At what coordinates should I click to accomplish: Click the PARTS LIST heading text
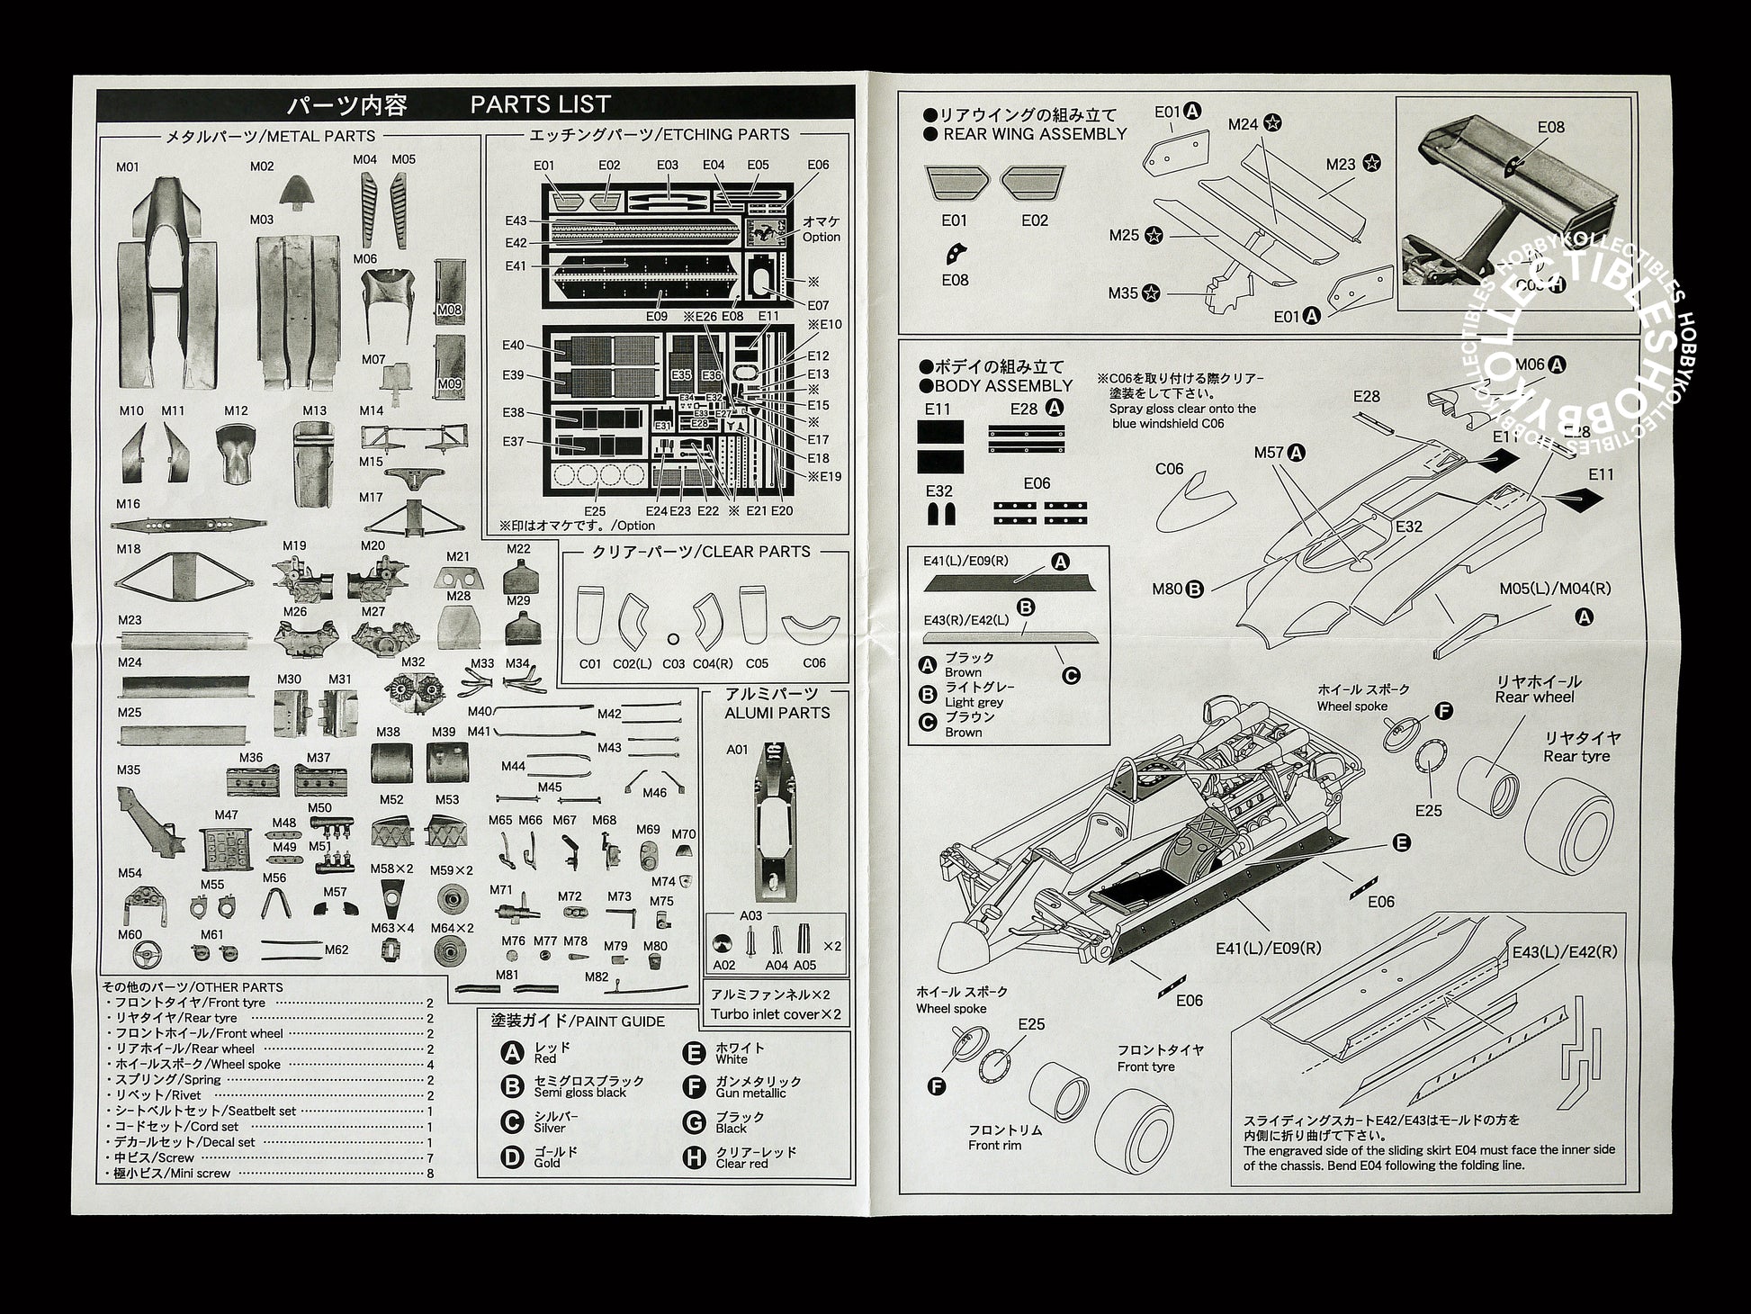click(540, 104)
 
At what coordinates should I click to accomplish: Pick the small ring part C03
click(673, 639)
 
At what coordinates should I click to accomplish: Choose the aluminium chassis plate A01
click(771, 821)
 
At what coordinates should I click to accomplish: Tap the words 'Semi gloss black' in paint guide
click(579, 1093)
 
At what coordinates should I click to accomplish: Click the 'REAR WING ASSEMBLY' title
click(1035, 134)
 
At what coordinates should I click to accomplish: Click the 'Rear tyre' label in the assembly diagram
click(1576, 756)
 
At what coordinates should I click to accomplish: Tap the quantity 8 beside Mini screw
click(430, 1173)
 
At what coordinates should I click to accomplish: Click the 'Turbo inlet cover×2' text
click(776, 1014)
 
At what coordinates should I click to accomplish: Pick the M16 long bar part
click(189, 525)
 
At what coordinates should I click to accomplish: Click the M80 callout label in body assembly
click(1166, 589)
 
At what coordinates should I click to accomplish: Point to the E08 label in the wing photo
click(1550, 127)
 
